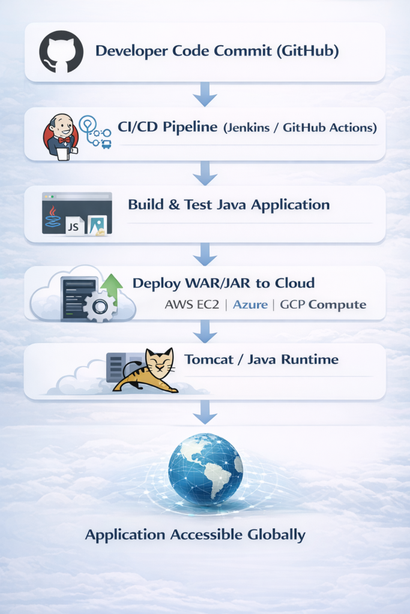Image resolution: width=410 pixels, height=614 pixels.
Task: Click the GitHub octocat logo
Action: click(60, 52)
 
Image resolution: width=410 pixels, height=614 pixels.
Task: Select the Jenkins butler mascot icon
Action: click(60, 136)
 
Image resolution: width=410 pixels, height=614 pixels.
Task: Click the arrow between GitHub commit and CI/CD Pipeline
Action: click(205, 94)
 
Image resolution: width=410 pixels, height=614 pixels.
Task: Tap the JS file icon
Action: click(75, 226)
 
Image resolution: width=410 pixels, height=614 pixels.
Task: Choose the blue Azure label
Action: click(250, 304)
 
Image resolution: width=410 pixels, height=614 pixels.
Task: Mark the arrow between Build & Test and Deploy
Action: click(205, 254)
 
